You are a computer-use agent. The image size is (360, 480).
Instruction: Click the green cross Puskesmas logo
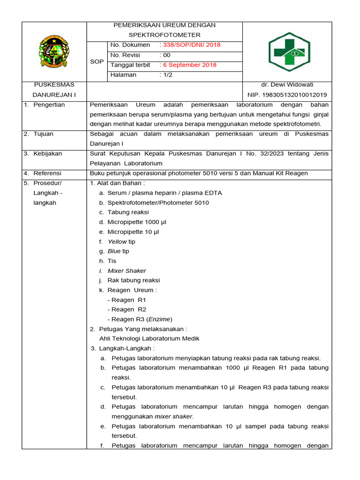(x=289, y=52)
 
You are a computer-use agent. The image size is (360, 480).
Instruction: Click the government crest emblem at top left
(x=54, y=52)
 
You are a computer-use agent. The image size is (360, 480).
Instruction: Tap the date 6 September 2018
(x=189, y=65)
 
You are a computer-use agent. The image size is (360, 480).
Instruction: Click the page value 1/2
(x=166, y=75)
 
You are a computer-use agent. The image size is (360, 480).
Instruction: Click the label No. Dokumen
(x=130, y=45)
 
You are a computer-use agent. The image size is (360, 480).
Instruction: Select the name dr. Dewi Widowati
(x=287, y=85)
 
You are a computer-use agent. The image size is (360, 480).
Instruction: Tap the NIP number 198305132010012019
(x=287, y=95)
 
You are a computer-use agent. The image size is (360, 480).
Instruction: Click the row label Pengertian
(x=49, y=105)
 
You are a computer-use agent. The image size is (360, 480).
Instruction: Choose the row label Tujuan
(x=43, y=134)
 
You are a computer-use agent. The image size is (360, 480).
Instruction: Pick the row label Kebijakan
(x=47, y=154)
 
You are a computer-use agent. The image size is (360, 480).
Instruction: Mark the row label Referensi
(x=47, y=173)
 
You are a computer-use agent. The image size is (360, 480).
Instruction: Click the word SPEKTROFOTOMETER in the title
(x=165, y=35)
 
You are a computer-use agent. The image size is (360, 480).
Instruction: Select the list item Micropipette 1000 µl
(x=137, y=222)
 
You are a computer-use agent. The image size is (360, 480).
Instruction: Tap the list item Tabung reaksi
(x=128, y=212)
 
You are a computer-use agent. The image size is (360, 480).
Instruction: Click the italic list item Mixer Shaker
(x=127, y=271)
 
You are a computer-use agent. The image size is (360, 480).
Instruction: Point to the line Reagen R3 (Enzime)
(x=140, y=319)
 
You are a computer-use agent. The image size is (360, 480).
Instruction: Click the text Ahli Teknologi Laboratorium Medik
(x=150, y=338)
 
